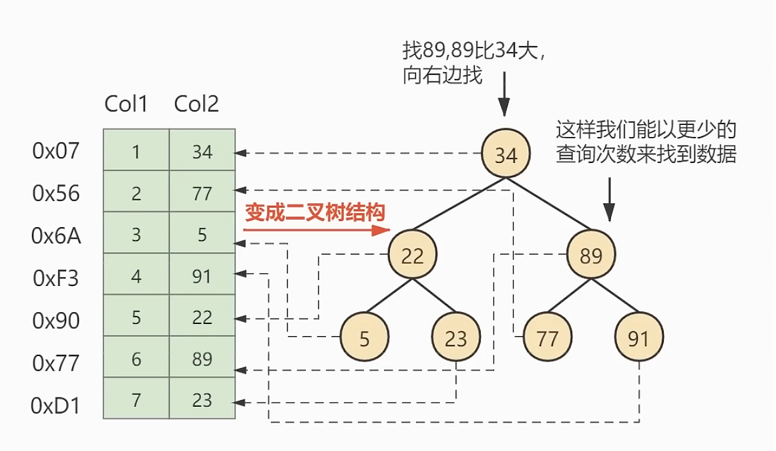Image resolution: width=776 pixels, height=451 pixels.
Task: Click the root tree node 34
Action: pyautogui.click(x=506, y=154)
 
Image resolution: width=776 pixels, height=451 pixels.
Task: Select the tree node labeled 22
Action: pyautogui.click(x=413, y=255)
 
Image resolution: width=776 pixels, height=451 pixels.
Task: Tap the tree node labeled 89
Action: pyautogui.click(x=591, y=255)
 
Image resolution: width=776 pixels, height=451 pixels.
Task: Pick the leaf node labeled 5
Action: pyautogui.click(x=364, y=339)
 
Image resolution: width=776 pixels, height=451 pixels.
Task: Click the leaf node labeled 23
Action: pyautogui.click(x=456, y=339)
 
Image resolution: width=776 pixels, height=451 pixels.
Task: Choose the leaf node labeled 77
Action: pyautogui.click(x=548, y=339)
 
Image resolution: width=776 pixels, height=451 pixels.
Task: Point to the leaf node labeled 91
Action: pyautogui.click(x=639, y=339)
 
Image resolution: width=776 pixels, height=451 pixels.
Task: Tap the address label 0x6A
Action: pyautogui.click(x=56, y=235)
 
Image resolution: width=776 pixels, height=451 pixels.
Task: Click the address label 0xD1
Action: pyautogui.click(x=56, y=405)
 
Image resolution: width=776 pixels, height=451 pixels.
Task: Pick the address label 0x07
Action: pyautogui.click(x=56, y=151)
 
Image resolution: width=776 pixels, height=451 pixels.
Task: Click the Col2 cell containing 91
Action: pyautogui.click(x=202, y=276)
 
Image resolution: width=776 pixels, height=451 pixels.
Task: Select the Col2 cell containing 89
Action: pyautogui.click(x=202, y=359)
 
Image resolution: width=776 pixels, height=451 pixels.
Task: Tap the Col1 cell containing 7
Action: pyautogui.click(x=136, y=400)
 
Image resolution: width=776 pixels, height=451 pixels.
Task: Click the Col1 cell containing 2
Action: pyautogui.click(x=136, y=193)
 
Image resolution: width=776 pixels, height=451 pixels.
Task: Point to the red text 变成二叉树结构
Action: pyautogui.click(x=316, y=212)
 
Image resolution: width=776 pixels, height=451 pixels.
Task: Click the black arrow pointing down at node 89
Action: pyautogui.click(x=609, y=199)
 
